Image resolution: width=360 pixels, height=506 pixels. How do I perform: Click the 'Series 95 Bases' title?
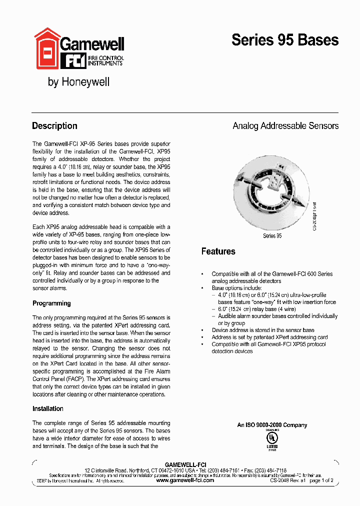click(x=284, y=40)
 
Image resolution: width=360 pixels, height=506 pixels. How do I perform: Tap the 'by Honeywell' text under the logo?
click(x=78, y=82)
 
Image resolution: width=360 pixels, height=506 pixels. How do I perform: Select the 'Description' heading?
click(x=54, y=126)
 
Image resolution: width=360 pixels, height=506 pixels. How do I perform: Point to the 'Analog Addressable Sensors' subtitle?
click(x=285, y=126)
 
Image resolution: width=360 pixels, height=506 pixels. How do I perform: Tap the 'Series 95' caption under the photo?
click(x=272, y=235)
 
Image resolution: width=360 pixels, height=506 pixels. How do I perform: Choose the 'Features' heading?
click(x=218, y=251)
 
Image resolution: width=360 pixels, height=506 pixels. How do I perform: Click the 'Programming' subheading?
click(x=51, y=303)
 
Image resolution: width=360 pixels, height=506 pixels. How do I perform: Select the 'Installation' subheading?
click(x=48, y=408)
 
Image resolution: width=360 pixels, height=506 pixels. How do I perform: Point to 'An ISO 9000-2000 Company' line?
click(x=272, y=425)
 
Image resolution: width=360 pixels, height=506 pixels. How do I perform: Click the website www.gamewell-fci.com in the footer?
click(x=185, y=480)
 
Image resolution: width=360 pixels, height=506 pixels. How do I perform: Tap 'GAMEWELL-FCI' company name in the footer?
click(x=185, y=464)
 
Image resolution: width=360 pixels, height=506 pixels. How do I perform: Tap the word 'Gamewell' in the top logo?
click(x=92, y=44)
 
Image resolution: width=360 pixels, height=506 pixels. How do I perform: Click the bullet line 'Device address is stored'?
click(x=262, y=330)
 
